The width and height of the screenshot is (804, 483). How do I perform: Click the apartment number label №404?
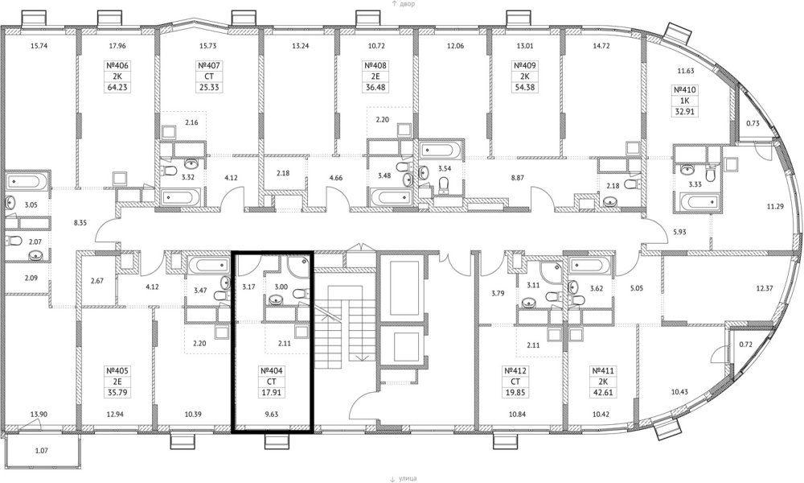272,370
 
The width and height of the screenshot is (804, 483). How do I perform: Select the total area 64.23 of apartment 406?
117,87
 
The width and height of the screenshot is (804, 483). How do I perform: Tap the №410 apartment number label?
685,90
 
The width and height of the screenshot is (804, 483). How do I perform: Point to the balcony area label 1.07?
42,451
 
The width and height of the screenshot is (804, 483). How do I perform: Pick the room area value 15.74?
39,46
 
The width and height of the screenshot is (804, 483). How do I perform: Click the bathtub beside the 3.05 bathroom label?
27,181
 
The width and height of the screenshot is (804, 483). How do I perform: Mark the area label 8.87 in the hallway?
517,178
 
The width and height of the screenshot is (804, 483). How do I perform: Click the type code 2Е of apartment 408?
375,76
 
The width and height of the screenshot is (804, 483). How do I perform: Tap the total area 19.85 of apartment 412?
515,393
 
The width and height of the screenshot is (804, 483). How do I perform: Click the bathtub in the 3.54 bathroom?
441,151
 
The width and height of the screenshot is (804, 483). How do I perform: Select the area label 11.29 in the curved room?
775,207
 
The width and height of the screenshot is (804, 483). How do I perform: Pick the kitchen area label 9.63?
271,415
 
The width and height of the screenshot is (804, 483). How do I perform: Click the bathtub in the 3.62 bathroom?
588,266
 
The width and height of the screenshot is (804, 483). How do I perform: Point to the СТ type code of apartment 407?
209,76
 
